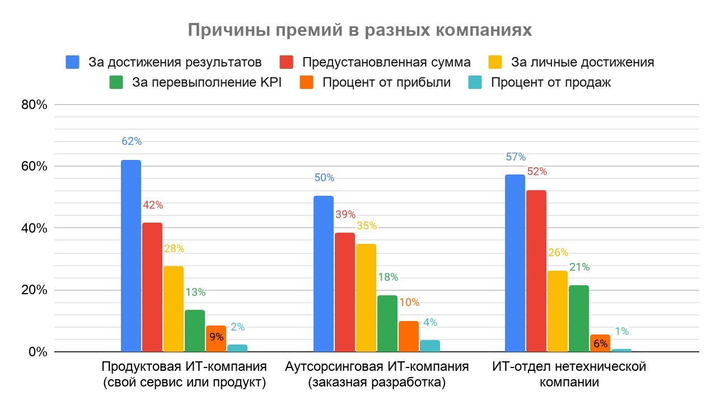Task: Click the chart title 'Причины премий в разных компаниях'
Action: [359, 30]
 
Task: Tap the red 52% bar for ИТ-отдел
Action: [536, 271]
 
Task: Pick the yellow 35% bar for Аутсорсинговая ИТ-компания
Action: [366, 298]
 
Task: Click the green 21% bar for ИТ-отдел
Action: [578, 319]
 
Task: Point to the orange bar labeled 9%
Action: [216, 339]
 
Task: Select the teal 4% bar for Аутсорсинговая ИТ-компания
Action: [429, 346]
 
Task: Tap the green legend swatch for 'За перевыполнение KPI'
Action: [116, 83]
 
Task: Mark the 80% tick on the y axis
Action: [35, 105]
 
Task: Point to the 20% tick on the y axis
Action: [35, 290]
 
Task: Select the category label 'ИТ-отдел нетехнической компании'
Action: [569, 375]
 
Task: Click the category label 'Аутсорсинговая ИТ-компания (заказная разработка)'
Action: [377, 375]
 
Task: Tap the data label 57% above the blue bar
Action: [515, 157]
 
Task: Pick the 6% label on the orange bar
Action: [600, 344]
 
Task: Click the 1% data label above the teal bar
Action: [621, 332]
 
